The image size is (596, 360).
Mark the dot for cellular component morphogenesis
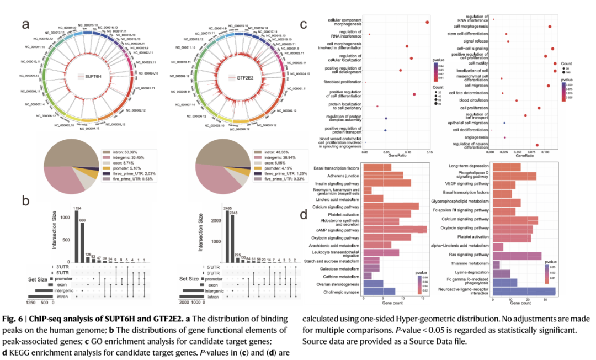[x=427, y=22]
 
